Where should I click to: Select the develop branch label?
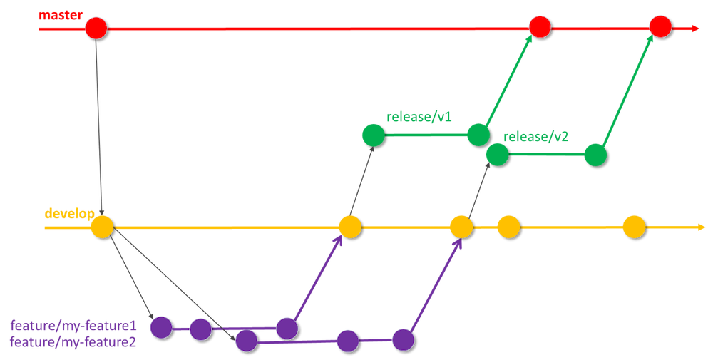(x=69, y=214)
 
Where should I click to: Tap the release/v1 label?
(x=419, y=116)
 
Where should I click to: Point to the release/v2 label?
(x=536, y=136)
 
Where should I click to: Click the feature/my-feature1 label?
(x=73, y=326)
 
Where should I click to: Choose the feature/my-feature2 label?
(x=73, y=342)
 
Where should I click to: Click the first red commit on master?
(x=96, y=29)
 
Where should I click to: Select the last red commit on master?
(x=660, y=28)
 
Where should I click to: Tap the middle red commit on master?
(x=540, y=28)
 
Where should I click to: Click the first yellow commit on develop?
(x=102, y=227)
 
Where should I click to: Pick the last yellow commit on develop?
(x=633, y=227)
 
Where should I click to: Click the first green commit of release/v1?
(x=373, y=135)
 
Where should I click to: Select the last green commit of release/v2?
(x=595, y=155)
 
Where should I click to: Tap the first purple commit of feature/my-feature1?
(x=162, y=327)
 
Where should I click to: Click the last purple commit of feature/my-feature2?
(x=403, y=340)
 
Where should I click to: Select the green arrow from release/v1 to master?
(x=508, y=82)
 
